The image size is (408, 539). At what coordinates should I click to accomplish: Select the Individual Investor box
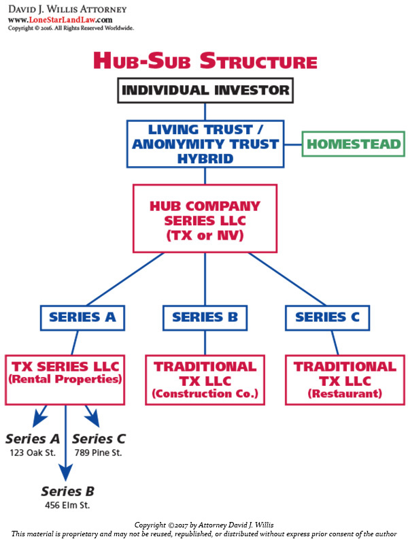[205, 90]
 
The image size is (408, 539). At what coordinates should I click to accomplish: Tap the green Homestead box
[353, 144]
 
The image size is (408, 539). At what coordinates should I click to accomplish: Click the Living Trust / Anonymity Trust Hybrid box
[205, 144]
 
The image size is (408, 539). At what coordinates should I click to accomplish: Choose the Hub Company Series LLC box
[205, 218]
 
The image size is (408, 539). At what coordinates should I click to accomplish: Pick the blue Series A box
[82, 317]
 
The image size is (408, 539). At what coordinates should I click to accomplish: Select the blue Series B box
[205, 317]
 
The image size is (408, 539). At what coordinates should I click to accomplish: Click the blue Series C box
[327, 317]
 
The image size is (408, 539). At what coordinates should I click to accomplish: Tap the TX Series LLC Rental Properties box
[65, 379]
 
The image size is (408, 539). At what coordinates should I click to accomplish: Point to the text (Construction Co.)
[205, 393]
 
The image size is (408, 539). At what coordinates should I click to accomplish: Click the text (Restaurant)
[345, 393]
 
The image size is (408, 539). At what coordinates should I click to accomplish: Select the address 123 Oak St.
[33, 453]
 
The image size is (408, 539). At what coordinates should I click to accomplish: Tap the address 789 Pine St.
[99, 453]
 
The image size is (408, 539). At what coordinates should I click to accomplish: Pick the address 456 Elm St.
[67, 505]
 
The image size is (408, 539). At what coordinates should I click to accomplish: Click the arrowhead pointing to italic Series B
[65, 472]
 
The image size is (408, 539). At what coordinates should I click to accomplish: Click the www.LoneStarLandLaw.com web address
[60, 20]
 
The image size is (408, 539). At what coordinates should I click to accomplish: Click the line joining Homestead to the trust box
[293, 144]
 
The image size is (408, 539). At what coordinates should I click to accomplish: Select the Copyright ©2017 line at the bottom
[204, 525]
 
